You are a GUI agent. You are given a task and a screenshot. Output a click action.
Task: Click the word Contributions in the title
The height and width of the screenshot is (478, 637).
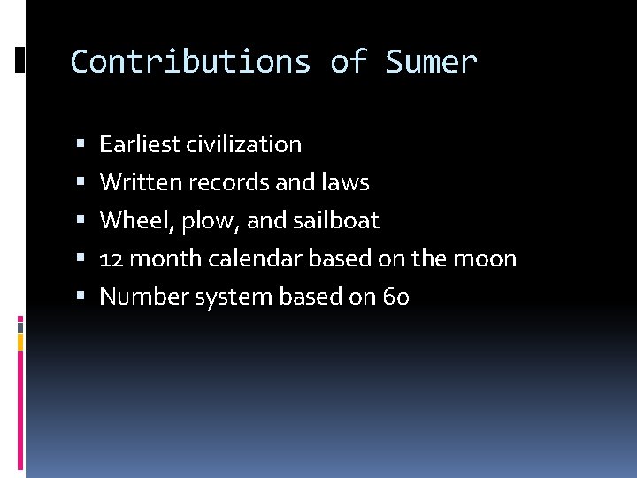pos(190,62)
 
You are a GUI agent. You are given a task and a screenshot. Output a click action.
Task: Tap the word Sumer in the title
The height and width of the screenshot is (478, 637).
pos(431,62)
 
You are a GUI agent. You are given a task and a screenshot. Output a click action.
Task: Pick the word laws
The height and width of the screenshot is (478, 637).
pos(346,182)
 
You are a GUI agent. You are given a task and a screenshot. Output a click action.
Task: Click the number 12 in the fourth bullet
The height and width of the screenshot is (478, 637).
pos(111,258)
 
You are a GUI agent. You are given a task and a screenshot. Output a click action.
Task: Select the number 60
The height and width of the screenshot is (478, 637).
pos(395,297)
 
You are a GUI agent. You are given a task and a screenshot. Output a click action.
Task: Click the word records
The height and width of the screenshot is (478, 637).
pos(232,182)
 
